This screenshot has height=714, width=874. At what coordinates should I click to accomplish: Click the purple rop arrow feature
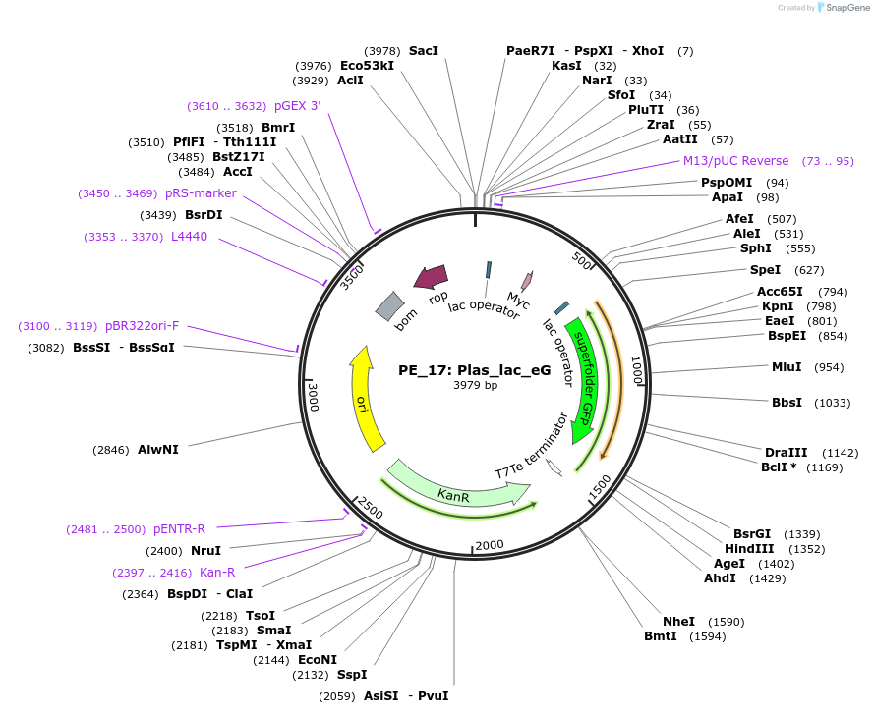coord(431,277)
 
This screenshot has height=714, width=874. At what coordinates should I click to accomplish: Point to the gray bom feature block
coord(390,306)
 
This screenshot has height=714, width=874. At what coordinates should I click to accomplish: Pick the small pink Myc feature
coord(526,281)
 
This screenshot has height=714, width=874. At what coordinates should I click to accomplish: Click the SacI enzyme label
coord(424,50)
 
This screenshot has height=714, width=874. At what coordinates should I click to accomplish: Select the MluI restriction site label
coord(787,367)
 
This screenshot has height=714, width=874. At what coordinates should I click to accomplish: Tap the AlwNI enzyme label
coord(157,450)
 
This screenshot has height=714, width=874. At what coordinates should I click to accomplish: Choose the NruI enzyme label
coord(205,551)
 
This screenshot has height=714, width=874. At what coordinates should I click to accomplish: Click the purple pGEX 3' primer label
coord(297,106)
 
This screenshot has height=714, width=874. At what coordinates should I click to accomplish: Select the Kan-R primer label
coord(217,573)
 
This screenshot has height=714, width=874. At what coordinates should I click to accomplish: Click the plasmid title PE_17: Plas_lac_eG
coord(474,370)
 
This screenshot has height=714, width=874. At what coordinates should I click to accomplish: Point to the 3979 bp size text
coord(475,386)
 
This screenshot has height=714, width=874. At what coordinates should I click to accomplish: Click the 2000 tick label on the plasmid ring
coord(489,545)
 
